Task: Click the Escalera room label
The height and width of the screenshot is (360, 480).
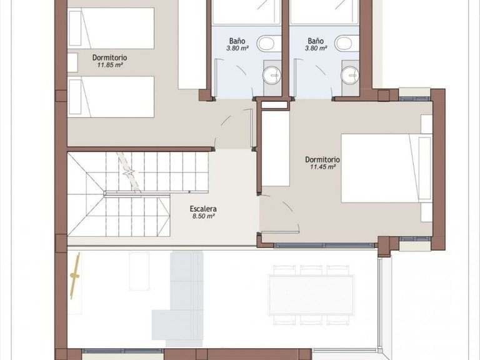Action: (203, 209)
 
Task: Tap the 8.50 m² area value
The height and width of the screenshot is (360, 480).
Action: (203, 216)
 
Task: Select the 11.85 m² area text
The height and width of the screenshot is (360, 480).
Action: (110, 65)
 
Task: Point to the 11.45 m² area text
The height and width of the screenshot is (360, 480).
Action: (322, 167)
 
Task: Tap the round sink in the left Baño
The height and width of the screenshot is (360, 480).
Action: (271, 74)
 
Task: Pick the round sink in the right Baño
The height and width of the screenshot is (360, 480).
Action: (350, 74)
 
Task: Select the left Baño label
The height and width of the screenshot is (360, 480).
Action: (237, 41)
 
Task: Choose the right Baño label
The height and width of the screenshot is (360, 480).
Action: (316, 41)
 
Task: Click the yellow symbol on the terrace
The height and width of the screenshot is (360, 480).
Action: (75, 276)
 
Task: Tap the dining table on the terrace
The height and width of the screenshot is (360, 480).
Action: (311, 295)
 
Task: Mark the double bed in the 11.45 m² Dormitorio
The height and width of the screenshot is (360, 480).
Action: (387, 168)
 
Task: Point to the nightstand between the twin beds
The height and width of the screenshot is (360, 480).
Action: (72, 62)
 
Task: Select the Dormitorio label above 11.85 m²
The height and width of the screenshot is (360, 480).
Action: (109, 57)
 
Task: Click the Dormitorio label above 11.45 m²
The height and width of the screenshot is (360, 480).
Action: (322, 159)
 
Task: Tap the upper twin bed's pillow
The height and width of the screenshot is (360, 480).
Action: (75, 28)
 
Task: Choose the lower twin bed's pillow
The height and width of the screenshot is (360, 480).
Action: (75, 97)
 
